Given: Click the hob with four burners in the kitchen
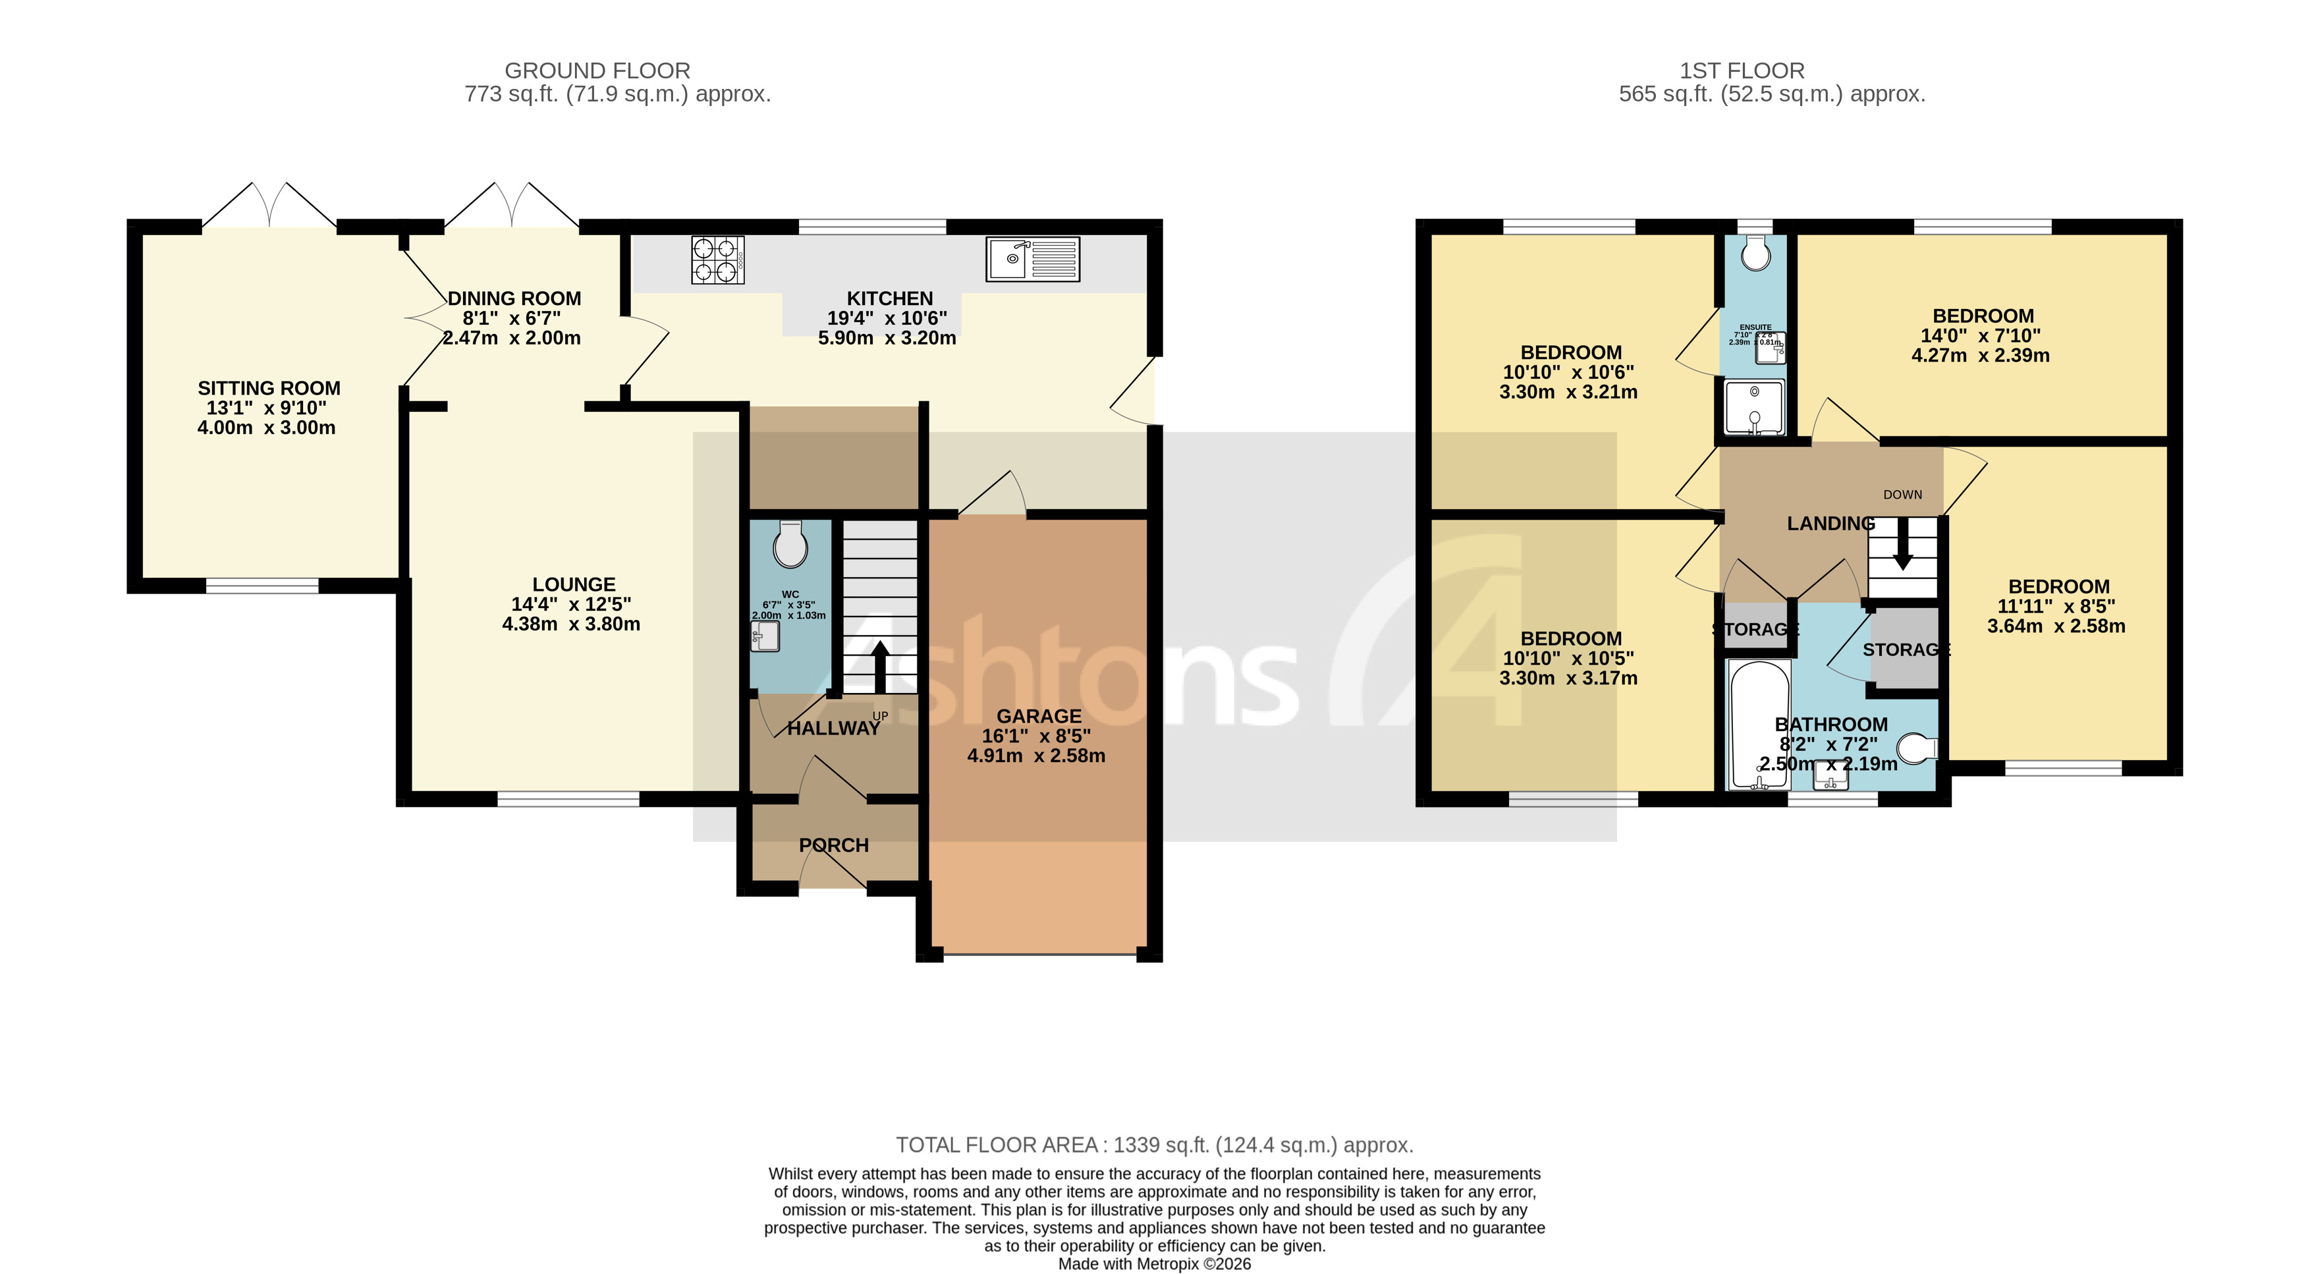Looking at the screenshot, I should point(717,260).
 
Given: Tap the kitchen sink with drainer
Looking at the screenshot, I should point(1032,259).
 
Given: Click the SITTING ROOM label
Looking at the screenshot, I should point(269,388).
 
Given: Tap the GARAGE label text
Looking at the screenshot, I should point(1039,716).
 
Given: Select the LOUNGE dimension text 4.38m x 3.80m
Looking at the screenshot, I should point(571,624).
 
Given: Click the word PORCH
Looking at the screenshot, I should point(833,845).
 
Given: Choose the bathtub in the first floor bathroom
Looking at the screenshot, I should point(1759,725).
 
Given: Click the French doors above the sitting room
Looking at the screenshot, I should point(269,204).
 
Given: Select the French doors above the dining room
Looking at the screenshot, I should point(512,204).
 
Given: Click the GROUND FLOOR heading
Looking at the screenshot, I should point(597,71).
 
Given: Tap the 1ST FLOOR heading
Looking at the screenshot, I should point(1742,71).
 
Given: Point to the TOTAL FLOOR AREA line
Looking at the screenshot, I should point(1154,1145).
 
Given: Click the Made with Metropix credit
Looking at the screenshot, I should point(1154,1264).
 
